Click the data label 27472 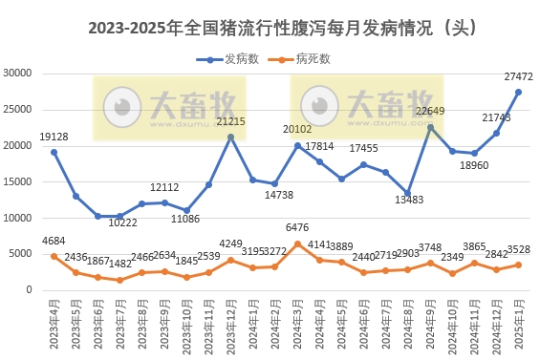point(518,75)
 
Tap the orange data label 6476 point(298,227)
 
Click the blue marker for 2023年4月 point(54,152)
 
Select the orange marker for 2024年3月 point(298,244)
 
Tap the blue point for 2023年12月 point(231,137)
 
